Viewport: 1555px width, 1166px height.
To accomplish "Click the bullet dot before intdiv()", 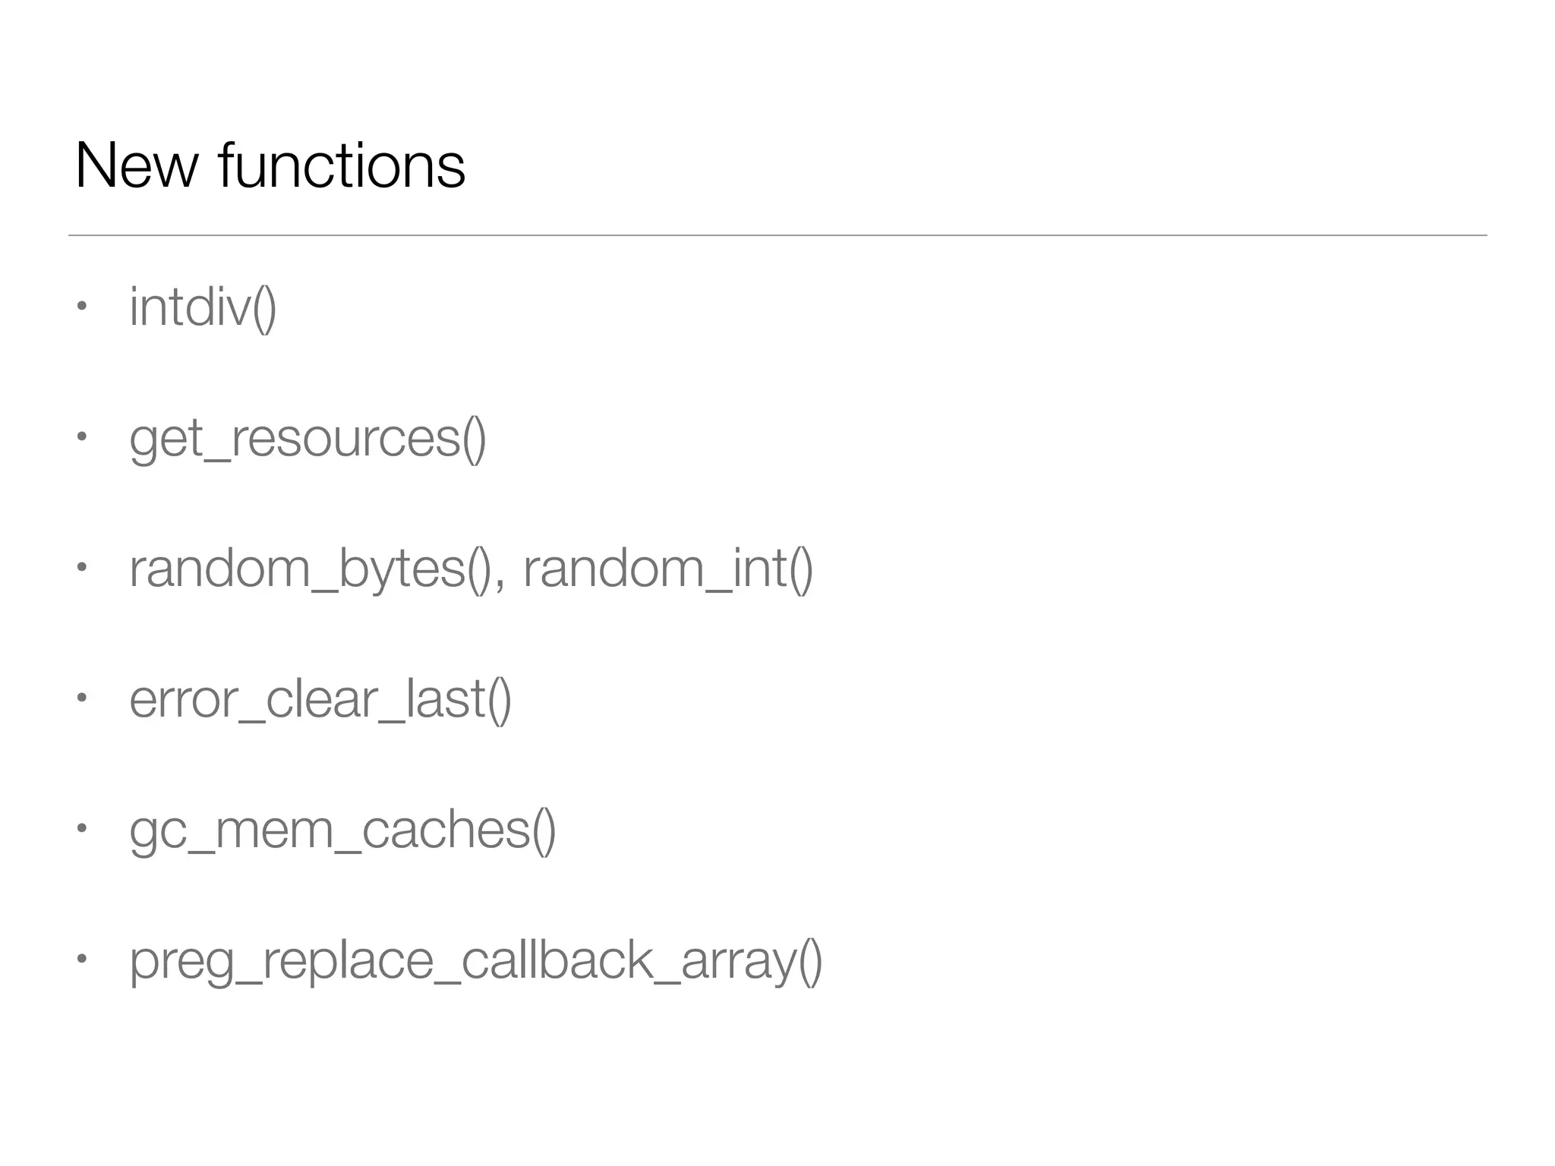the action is point(81,307).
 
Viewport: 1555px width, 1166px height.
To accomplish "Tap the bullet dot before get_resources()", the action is point(81,437).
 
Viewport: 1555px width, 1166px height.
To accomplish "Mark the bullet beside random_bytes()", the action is point(81,568).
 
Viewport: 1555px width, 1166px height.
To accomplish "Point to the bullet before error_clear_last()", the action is point(81,698).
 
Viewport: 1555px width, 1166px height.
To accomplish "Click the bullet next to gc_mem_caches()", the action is point(81,829).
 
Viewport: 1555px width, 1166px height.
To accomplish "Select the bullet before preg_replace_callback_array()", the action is point(81,960).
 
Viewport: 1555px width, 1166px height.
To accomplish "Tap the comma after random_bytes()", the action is point(499,585).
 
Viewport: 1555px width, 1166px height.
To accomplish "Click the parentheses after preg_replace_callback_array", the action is point(810,962).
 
